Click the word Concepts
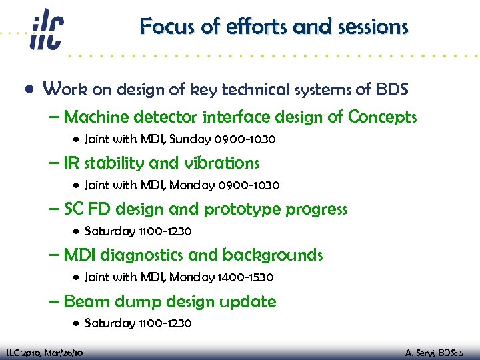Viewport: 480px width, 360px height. [x=382, y=118]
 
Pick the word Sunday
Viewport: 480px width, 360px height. [x=191, y=139]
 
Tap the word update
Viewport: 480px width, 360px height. [x=249, y=302]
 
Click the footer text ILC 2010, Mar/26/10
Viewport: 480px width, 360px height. [x=44, y=352]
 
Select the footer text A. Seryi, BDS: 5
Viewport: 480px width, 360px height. [x=438, y=352]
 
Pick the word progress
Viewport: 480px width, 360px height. [x=317, y=209]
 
